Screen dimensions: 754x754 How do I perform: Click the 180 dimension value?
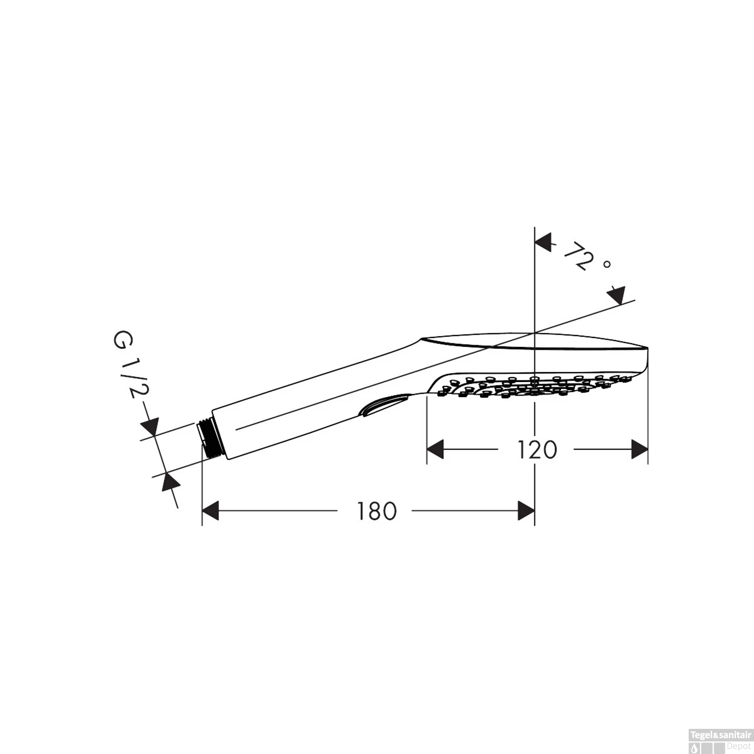coord(376,511)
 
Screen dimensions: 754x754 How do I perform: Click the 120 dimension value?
coord(537,450)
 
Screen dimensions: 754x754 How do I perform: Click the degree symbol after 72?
coord(607,264)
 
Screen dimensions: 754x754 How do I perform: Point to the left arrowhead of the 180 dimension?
coord(210,511)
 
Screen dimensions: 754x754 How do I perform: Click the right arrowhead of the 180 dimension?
coord(526,511)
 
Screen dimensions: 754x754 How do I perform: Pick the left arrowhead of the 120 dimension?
coord(435,449)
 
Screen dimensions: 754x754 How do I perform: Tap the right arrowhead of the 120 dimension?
coord(639,449)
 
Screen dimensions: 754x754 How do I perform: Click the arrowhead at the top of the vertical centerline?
coord(543,242)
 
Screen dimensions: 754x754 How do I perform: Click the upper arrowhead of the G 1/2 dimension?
coord(150,427)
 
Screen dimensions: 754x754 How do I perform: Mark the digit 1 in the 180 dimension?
coord(360,511)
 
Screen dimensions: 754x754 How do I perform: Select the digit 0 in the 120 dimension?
coord(549,450)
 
